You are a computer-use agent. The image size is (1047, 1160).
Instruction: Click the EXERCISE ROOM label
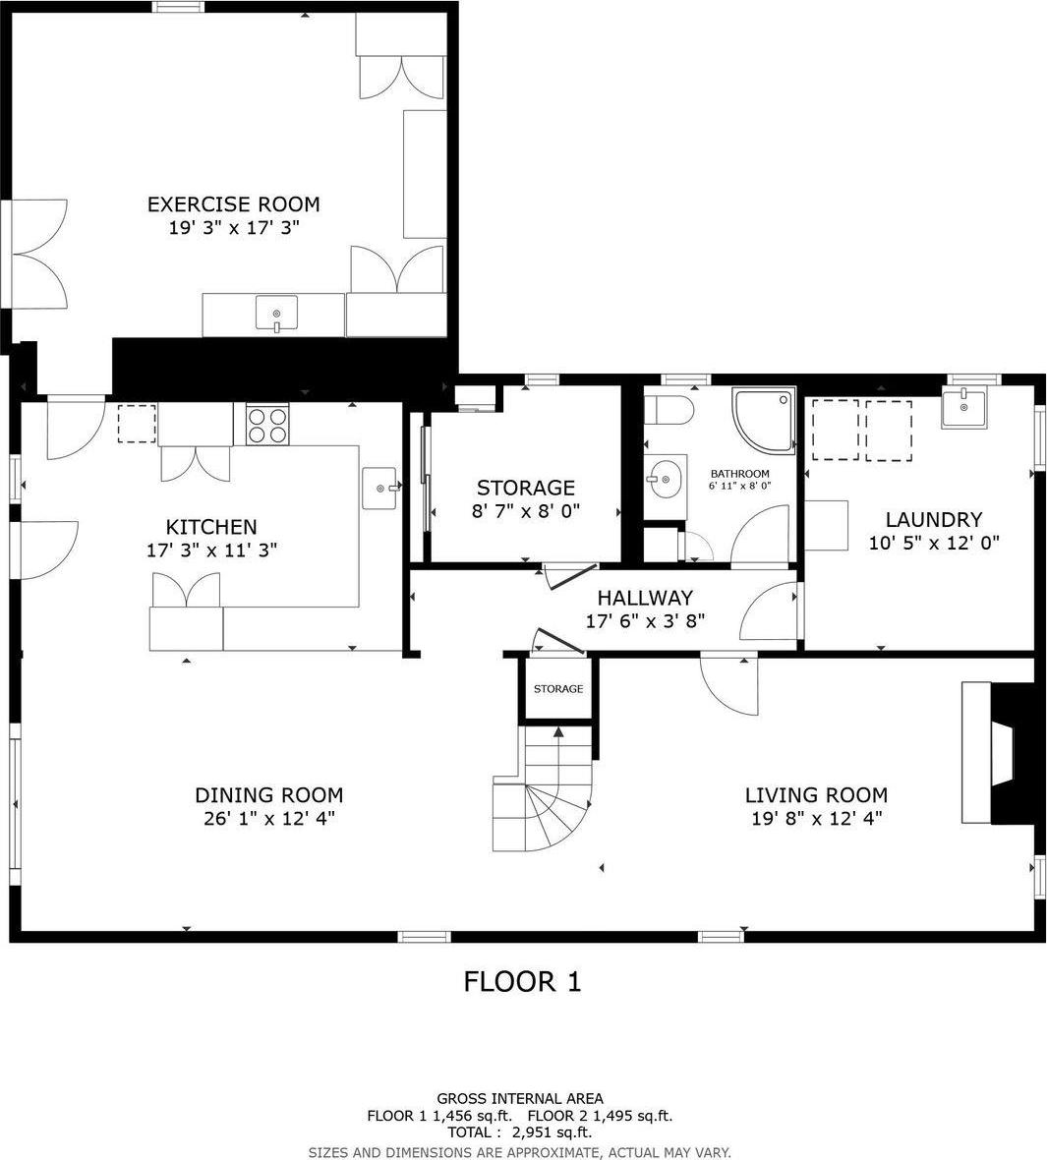click(x=233, y=204)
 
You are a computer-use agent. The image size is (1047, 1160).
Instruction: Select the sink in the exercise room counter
click(x=276, y=315)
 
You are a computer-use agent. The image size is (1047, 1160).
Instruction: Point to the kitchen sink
click(x=380, y=488)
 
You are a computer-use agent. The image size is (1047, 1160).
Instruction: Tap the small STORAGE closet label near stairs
click(x=558, y=689)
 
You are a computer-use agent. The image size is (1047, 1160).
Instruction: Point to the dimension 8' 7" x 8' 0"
click(x=526, y=511)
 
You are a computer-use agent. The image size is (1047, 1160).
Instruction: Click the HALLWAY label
click(x=645, y=598)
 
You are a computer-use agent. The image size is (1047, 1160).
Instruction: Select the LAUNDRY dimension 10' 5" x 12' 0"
click(x=934, y=542)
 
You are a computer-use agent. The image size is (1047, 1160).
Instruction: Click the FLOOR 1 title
click(x=522, y=981)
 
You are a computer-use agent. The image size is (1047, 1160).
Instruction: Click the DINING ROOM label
click(x=268, y=795)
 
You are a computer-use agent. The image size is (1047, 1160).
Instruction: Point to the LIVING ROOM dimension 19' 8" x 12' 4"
click(x=816, y=818)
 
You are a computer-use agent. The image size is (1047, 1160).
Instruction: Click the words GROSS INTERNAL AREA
click(x=520, y=1098)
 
